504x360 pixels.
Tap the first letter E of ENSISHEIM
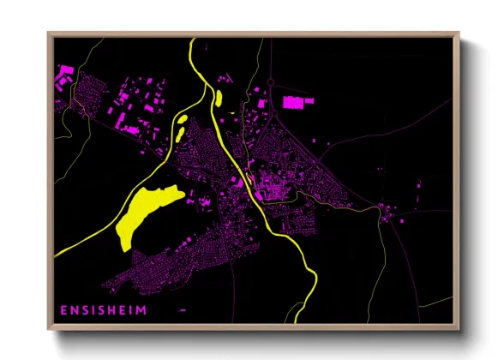[x=63, y=310]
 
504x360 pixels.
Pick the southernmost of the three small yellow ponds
[x=178, y=134]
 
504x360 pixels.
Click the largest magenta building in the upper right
[x=298, y=103]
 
